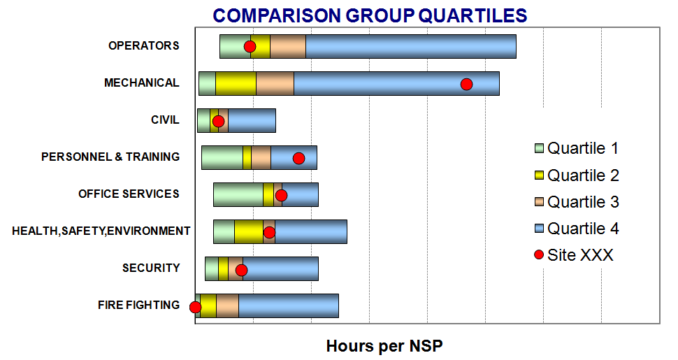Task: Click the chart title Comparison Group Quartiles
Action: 370,15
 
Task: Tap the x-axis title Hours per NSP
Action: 384,346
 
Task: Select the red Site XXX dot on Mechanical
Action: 466,85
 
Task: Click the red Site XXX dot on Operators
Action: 250,47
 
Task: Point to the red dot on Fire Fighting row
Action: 195,307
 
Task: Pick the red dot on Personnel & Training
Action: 298,159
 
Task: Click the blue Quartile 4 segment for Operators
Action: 411,46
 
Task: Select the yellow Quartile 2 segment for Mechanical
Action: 236,83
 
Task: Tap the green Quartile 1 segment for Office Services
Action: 238,195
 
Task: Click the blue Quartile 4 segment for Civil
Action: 252,120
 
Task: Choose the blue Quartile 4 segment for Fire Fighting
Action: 289,306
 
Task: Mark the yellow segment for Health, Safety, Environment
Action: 249,231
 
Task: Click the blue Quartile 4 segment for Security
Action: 280,268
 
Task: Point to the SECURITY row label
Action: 151,268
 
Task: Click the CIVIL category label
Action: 165,120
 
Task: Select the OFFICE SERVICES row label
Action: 129,194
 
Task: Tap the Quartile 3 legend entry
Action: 577,202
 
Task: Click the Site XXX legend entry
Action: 574,255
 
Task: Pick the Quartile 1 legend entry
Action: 577,148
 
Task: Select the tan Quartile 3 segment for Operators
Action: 288,46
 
